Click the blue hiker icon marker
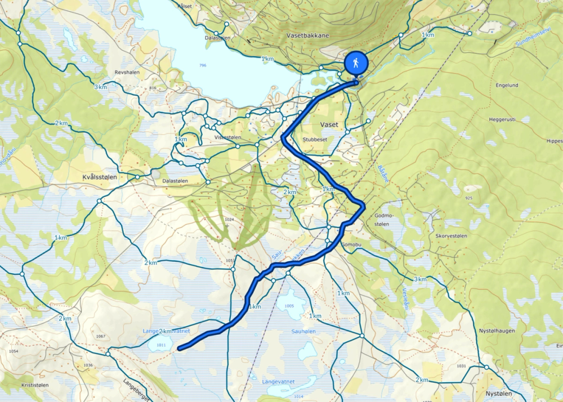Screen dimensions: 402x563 coord(356,63)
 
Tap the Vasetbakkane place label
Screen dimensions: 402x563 coord(307,35)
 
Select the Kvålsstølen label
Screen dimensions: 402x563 coord(100,177)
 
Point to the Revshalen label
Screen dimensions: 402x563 coord(127,73)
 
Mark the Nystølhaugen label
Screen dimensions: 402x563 coord(497,330)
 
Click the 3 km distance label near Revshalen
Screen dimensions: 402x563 coord(100,87)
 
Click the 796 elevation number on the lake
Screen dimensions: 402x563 coord(203,66)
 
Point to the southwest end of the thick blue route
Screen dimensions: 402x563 coord(180,349)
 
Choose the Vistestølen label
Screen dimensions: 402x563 coord(228,137)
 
